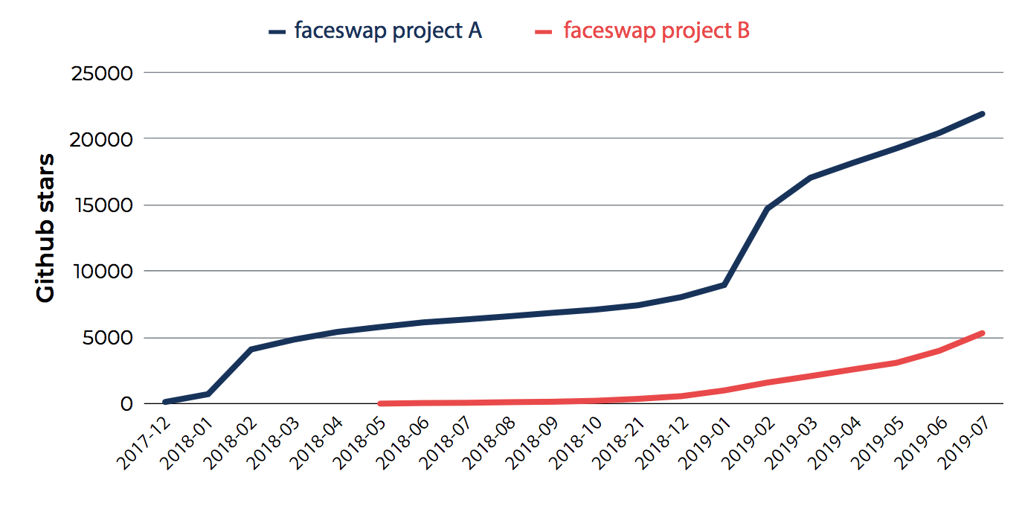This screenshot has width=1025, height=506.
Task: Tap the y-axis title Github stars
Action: point(46,228)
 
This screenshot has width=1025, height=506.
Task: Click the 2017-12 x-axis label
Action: point(143,443)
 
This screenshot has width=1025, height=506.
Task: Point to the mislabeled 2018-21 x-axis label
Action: point(617,443)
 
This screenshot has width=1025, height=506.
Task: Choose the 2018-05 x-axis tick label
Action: point(359,443)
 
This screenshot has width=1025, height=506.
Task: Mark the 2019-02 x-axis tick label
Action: point(747,443)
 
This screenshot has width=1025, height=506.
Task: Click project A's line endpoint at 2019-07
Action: point(982,114)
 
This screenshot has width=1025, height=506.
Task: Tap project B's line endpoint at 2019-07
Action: point(982,333)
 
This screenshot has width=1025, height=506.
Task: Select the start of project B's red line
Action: point(380,403)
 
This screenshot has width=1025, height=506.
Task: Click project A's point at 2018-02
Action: point(251,349)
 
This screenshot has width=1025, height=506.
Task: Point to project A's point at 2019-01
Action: point(724,285)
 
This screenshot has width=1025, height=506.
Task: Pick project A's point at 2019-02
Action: point(767,208)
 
